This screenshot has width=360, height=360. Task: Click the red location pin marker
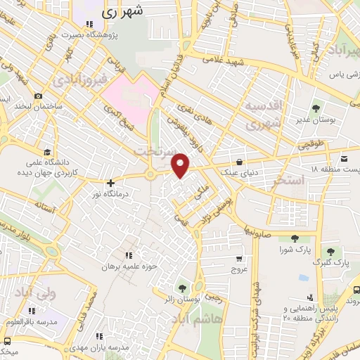(181, 165)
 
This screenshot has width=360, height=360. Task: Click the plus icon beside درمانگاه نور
(110, 182)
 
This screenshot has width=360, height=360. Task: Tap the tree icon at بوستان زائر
(183, 288)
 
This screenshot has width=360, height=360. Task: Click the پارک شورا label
(295, 250)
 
